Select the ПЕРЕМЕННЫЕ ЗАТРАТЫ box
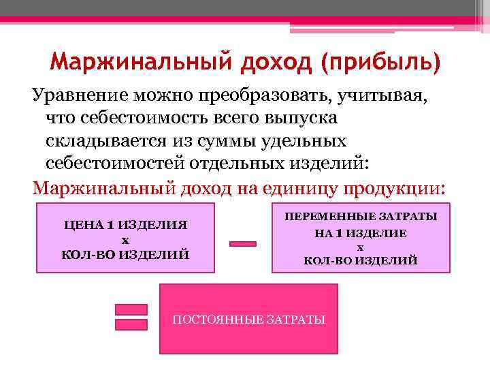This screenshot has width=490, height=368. tap(360, 237)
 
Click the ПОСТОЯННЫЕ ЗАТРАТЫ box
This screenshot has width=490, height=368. tap(248, 320)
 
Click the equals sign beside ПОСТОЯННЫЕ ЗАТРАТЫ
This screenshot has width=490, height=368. tap(131, 316)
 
